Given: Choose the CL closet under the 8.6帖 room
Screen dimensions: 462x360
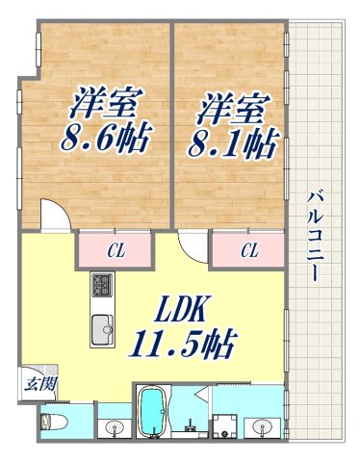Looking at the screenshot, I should coord(116,252).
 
